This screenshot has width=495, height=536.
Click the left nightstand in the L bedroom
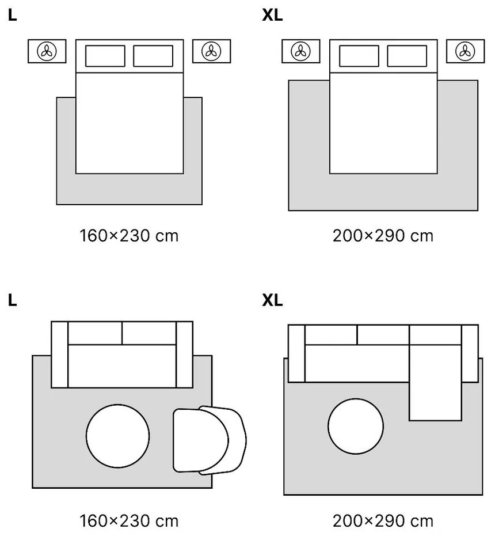47,51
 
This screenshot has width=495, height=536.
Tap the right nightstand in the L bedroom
212,51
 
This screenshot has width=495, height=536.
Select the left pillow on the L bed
105,56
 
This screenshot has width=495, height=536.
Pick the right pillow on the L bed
153,56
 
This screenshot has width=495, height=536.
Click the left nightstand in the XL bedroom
300,51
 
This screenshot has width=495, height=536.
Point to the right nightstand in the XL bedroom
465,51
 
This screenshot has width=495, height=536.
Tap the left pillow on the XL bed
359,56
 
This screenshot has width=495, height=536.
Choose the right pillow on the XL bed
407,56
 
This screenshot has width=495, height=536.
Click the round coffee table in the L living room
118,436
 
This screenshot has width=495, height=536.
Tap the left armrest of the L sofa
60,354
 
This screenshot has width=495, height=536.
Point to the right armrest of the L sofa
184,354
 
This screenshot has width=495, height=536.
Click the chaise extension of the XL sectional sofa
435,392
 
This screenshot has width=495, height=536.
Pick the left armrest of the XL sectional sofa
296,353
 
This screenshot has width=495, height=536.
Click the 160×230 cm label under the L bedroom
129,236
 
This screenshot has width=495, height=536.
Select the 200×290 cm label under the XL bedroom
383,236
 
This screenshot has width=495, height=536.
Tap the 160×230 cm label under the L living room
129,521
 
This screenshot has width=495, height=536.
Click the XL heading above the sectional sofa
272,301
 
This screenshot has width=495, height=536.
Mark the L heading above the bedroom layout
13,16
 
